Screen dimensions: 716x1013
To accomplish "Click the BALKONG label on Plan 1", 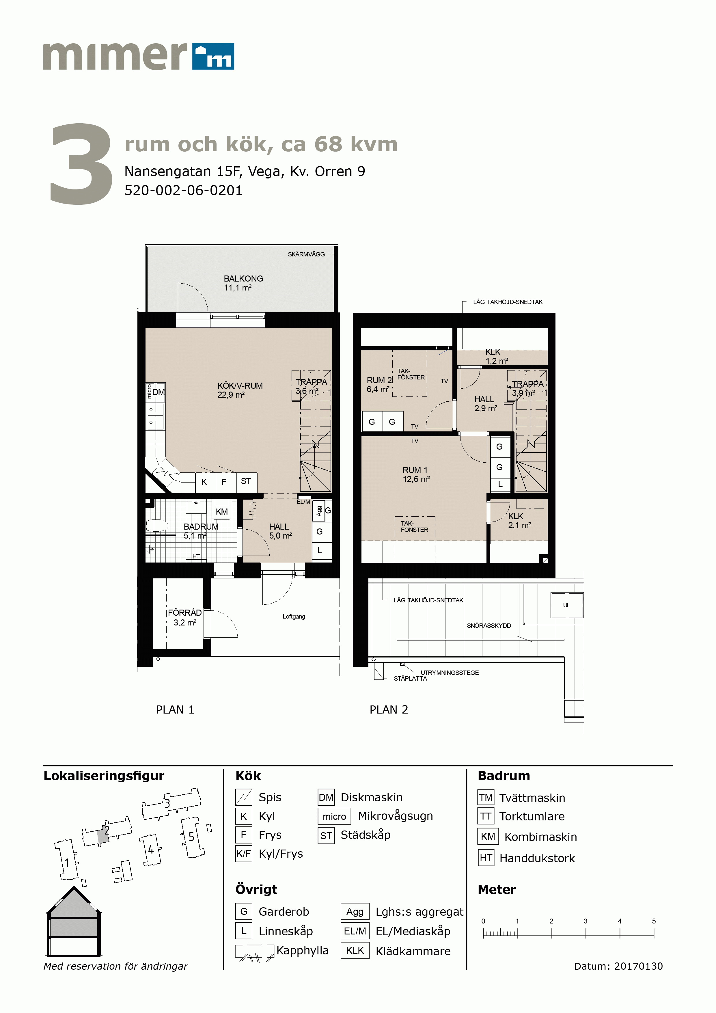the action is point(243,278).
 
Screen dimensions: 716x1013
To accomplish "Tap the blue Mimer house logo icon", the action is point(213,57).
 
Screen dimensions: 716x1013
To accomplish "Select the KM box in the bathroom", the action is point(221,512).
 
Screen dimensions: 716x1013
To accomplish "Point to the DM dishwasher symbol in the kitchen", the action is point(159,392).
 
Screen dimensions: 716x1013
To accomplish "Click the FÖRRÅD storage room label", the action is point(185,612).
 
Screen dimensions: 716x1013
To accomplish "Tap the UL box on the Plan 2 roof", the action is point(566,605).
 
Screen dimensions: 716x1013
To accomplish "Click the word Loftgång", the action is point(294,616).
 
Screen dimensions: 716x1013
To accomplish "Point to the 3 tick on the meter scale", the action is point(586,933).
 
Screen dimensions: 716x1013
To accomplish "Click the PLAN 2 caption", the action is point(389,710).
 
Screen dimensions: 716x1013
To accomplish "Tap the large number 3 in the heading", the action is point(81,164).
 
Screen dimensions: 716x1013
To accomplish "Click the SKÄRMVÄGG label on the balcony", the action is point(306,254).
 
